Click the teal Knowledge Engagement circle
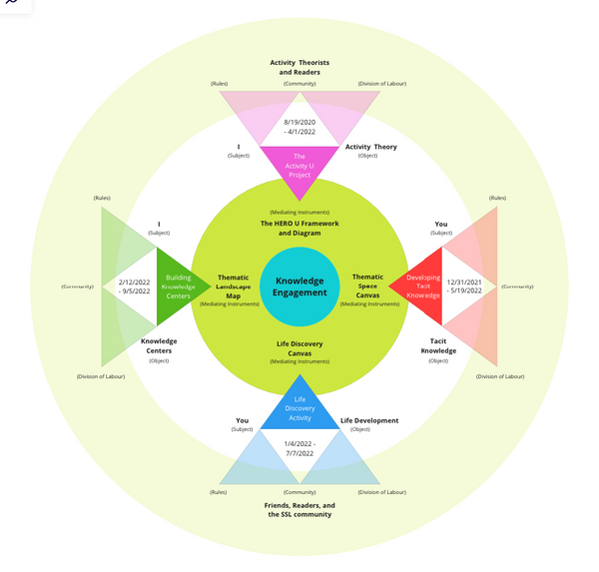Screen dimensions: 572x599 point(300,286)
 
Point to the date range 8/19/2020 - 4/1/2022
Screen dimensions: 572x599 point(299,126)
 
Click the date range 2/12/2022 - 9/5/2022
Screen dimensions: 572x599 point(134,286)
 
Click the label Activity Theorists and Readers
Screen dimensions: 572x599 point(299,67)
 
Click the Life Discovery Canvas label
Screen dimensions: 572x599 point(299,348)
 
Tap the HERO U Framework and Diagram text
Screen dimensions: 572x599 point(299,228)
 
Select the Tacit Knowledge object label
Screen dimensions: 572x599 point(438,344)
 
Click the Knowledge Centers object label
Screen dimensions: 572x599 point(159,345)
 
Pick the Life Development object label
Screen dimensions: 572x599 point(368,420)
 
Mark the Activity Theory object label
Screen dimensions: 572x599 point(370,147)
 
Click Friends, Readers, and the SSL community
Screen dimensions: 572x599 point(299,510)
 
